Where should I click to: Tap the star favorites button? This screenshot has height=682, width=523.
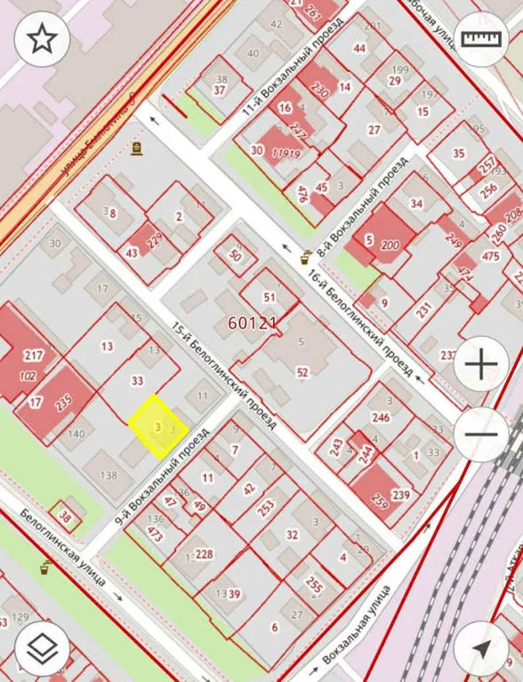42,38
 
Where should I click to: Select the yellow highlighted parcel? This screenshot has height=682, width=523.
158,427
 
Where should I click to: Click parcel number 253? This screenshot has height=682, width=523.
266,510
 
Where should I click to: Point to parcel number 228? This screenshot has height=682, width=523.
205,555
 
